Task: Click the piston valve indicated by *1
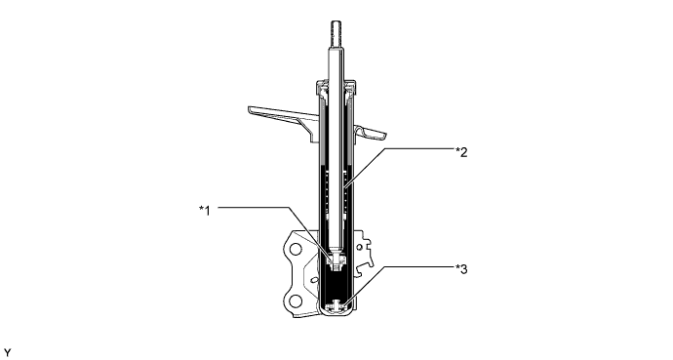tap(336, 259)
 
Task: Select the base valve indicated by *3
tap(336, 305)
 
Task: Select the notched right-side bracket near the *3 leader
tap(365, 259)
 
